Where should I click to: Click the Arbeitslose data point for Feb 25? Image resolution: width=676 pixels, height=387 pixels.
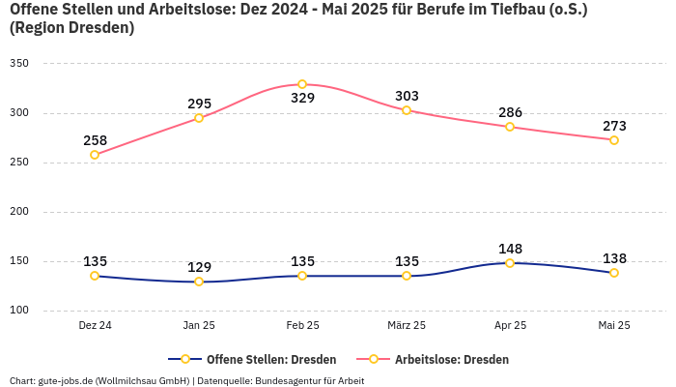click(302, 84)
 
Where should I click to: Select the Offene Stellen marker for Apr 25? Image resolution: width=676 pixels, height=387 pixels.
click(510, 262)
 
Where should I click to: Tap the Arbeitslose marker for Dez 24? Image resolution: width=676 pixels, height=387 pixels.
click(95, 155)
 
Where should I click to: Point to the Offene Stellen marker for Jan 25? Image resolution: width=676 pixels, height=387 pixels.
click(199, 282)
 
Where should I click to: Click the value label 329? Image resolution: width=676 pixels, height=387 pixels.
click(302, 98)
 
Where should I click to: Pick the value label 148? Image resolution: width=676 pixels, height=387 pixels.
click(510, 249)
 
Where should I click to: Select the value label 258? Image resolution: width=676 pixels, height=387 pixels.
click(95, 140)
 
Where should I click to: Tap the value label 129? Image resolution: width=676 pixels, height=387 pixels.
click(199, 267)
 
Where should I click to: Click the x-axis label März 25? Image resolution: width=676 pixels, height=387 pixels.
click(406, 326)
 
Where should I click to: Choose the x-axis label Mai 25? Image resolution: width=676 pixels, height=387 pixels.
click(614, 326)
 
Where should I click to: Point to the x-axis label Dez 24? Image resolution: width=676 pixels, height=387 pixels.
click(95, 326)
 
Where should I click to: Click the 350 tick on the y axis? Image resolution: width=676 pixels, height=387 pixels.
click(19, 63)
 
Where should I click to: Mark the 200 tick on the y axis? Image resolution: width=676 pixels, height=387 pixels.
click(19, 212)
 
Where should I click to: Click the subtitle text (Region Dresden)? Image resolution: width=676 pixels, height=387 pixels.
click(71, 28)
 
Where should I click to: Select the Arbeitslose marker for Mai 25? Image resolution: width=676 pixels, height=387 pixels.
click(614, 139)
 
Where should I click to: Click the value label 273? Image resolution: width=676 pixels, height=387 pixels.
click(614, 126)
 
